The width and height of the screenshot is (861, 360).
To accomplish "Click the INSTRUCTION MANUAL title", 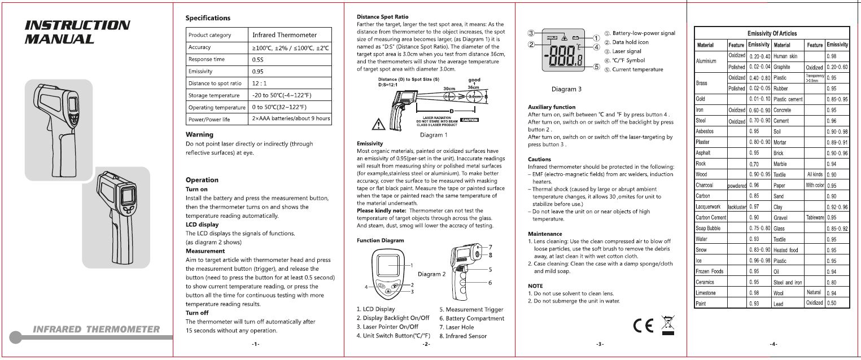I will [77, 32].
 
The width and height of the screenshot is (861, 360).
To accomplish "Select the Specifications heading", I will [208, 18].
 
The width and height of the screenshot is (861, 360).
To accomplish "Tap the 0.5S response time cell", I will [259, 59].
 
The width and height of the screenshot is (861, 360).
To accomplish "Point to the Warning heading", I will [199, 134].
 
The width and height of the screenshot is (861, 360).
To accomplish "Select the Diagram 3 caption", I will [566, 89].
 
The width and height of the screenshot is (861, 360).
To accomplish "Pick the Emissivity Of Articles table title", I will [772, 33].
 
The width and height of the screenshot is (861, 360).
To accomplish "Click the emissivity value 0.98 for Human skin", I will [831, 56].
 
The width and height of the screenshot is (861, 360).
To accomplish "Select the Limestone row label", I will [706, 293].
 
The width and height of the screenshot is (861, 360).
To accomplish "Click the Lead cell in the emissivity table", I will [779, 304].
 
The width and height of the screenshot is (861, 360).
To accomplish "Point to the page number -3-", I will [600, 344].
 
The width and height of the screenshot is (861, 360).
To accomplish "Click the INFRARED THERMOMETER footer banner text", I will [96, 329].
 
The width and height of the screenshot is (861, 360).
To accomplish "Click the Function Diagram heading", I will [381, 240].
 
